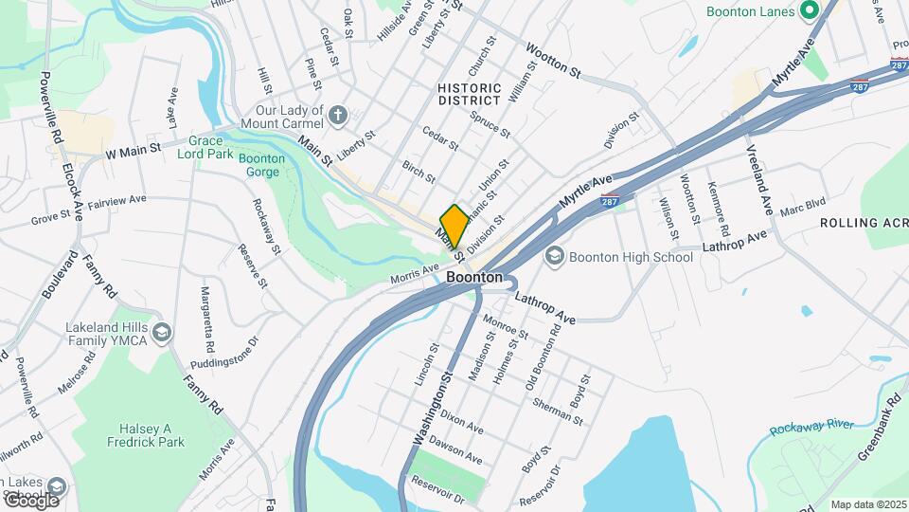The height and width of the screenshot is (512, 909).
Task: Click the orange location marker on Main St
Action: [454, 227]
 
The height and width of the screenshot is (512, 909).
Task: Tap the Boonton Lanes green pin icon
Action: [809, 11]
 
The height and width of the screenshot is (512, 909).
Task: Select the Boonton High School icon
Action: [555, 257]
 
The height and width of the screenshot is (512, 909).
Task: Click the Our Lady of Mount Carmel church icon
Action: [339, 117]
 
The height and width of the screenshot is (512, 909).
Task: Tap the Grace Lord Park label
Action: [205, 146]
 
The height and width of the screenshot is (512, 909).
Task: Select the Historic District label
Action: [469, 94]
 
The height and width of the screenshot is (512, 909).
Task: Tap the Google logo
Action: [31, 500]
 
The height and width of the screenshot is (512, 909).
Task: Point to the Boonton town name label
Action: [474, 277]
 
